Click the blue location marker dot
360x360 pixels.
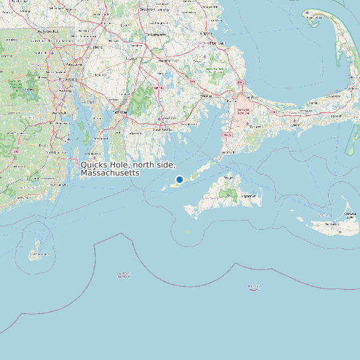coord(179,179)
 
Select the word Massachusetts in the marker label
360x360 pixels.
coord(110,173)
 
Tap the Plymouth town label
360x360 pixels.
coord(217,43)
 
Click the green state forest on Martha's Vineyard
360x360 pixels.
coord(229,195)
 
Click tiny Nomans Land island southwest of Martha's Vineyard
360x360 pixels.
coord(189,232)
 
